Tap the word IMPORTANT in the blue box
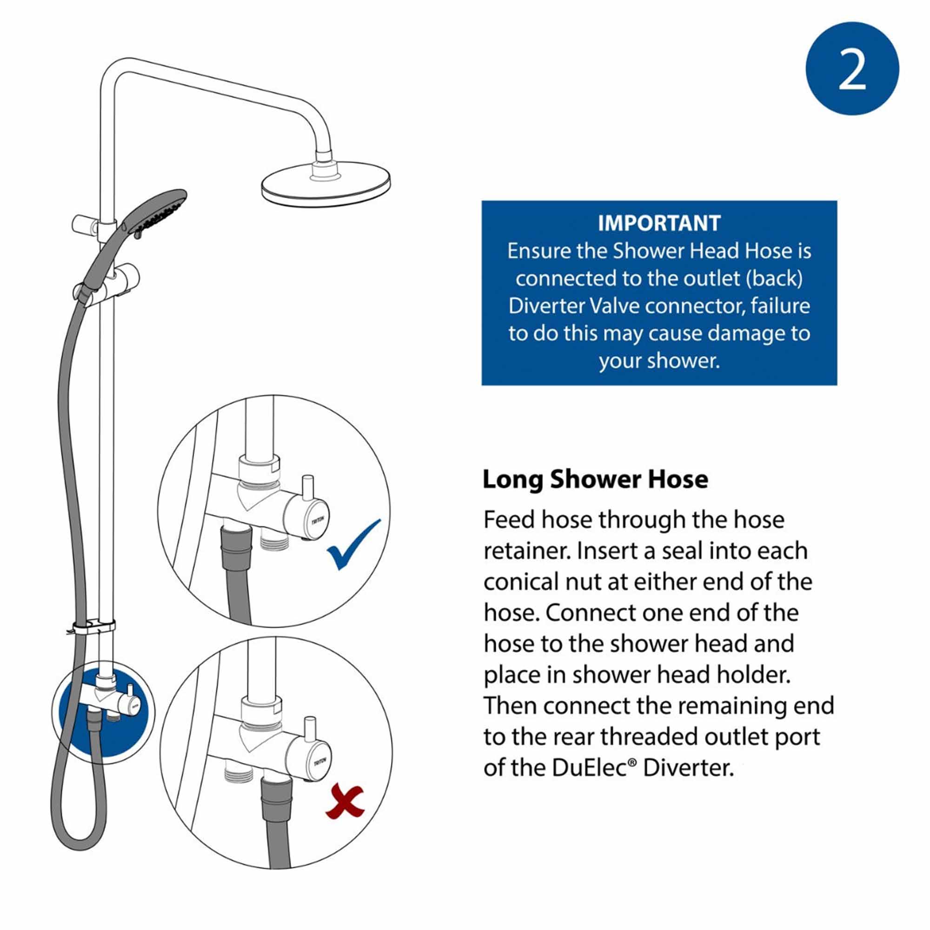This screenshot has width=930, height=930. coord(659,223)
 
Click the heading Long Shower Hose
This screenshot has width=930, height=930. coord(595,479)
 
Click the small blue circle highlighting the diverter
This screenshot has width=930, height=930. coord(104,713)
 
